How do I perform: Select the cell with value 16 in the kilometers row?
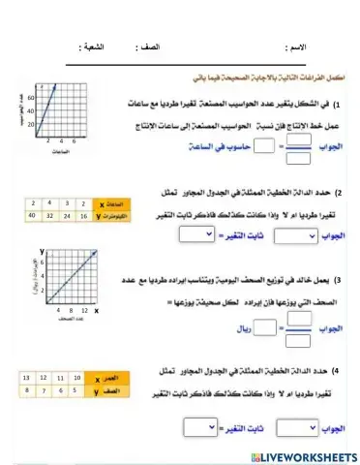pos(82,215)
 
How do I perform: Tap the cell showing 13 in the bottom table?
pos(27,376)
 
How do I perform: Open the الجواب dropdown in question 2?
pos(296,236)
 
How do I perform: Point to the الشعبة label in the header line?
pos(92,46)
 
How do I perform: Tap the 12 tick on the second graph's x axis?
pos(85,310)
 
